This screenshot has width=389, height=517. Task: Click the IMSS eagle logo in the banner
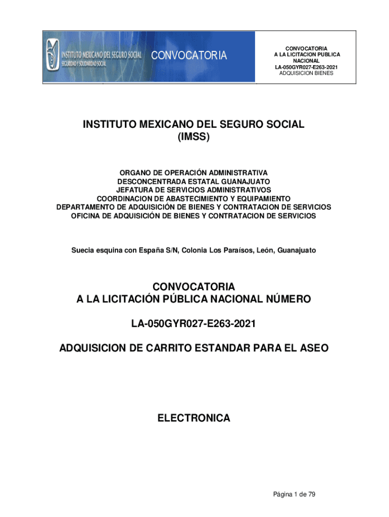click(x=52, y=56)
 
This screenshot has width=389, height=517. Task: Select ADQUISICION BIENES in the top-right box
click(x=306, y=73)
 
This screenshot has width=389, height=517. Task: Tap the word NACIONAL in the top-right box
click(x=306, y=61)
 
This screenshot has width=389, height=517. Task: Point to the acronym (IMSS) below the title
click(x=193, y=137)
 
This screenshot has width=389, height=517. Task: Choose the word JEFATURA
click(x=134, y=190)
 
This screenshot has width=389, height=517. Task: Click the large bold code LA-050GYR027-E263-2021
click(x=193, y=324)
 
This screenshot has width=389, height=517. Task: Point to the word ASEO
click(x=313, y=348)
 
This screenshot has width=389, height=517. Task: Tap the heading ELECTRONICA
click(x=193, y=418)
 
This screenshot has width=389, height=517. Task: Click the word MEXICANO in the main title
click(x=161, y=124)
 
